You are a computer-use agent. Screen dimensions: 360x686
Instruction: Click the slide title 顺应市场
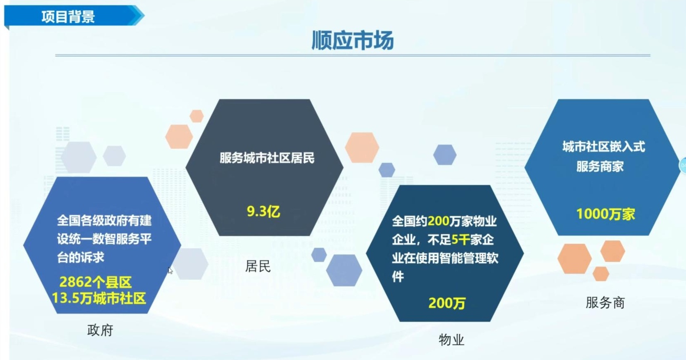[x=352, y=40]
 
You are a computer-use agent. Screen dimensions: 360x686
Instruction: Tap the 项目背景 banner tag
[x=68, y=17]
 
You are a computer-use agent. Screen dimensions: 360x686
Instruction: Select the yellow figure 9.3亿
[x=263, y=212]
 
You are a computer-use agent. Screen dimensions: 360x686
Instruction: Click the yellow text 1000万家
[x=605, y=214]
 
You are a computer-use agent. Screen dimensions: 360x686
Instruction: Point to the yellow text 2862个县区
[x=95, y=282]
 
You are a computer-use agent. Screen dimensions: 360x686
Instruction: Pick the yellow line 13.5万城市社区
[x=99, y=298]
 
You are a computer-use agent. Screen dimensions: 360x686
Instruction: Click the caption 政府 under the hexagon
[x=100, y=330]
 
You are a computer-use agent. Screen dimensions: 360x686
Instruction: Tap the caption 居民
[x=258, y=266]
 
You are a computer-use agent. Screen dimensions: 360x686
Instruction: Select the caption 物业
[x=451, y=340]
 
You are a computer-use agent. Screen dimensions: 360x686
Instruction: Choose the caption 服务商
[x=605, y=303]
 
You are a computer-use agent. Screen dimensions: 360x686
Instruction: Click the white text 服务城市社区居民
[x=267, y=158]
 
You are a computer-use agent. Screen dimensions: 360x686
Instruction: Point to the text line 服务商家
[x=600, y=166]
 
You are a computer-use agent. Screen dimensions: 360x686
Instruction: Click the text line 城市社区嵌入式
[x=603, y=147]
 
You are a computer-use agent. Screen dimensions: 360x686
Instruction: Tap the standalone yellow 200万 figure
[x=447, y=303]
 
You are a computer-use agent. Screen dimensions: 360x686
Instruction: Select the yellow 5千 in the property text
[x=460, y=240]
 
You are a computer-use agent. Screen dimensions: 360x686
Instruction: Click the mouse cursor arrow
[x=170, y=270]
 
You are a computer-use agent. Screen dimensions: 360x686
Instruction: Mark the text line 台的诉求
[x=81, y=258]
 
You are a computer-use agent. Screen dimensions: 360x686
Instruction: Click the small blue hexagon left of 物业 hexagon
[x=319, y=255]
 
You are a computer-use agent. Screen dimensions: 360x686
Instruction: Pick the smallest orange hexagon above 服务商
[x=601, y=274]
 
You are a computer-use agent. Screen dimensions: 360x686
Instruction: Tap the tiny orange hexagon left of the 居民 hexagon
[x=197, y=116]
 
